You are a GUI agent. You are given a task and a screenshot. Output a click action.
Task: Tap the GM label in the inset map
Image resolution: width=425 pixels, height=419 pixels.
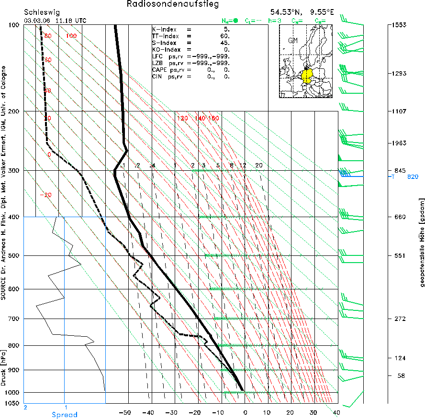pos(293,41)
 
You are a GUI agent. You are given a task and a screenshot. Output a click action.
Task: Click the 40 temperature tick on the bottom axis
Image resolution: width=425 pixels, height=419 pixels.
pos(335,412)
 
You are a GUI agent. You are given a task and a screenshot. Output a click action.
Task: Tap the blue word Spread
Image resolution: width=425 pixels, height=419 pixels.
pos(64,415)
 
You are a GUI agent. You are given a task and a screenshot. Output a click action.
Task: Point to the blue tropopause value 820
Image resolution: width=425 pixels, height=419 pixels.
pos(413,176)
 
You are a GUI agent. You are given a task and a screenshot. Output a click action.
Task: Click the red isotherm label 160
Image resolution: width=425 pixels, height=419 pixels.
pos(213,118)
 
